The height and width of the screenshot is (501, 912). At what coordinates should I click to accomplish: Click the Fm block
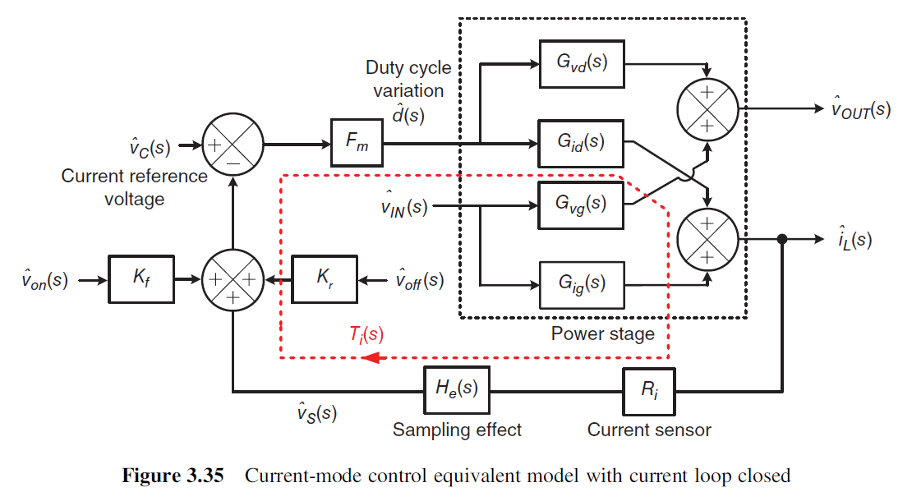(357, 143)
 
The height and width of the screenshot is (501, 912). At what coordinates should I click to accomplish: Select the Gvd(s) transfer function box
(582, 64)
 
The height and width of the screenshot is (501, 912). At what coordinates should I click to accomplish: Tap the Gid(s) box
(581, 144)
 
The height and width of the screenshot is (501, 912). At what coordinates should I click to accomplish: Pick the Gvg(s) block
(581, 205)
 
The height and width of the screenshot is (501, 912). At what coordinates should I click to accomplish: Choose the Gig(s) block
(582, 285)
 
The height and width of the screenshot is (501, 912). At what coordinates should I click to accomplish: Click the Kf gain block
(141, 279)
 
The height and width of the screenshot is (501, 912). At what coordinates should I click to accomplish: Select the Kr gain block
(324, 279)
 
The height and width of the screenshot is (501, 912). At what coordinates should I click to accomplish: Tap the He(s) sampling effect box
(457, 390)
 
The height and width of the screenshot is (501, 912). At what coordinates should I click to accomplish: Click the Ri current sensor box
(648, 391)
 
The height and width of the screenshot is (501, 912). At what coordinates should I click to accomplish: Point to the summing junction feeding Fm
(233, 144)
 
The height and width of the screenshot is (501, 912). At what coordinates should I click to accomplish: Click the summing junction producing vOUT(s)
(707, 109)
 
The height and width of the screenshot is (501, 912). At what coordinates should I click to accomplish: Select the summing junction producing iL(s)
(707, 240)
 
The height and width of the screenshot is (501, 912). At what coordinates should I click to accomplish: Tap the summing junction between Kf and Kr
(233, 280)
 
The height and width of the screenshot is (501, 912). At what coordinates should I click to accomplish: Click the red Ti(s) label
(366, 334)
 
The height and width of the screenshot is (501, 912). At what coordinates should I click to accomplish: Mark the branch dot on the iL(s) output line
(782, 239)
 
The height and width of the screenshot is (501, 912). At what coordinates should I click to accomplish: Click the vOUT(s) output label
(861, 108)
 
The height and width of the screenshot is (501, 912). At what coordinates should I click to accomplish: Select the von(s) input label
(45, 279)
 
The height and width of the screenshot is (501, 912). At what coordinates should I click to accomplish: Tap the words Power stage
(602, 333)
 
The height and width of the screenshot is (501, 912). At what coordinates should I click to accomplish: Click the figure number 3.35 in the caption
(205, 476)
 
